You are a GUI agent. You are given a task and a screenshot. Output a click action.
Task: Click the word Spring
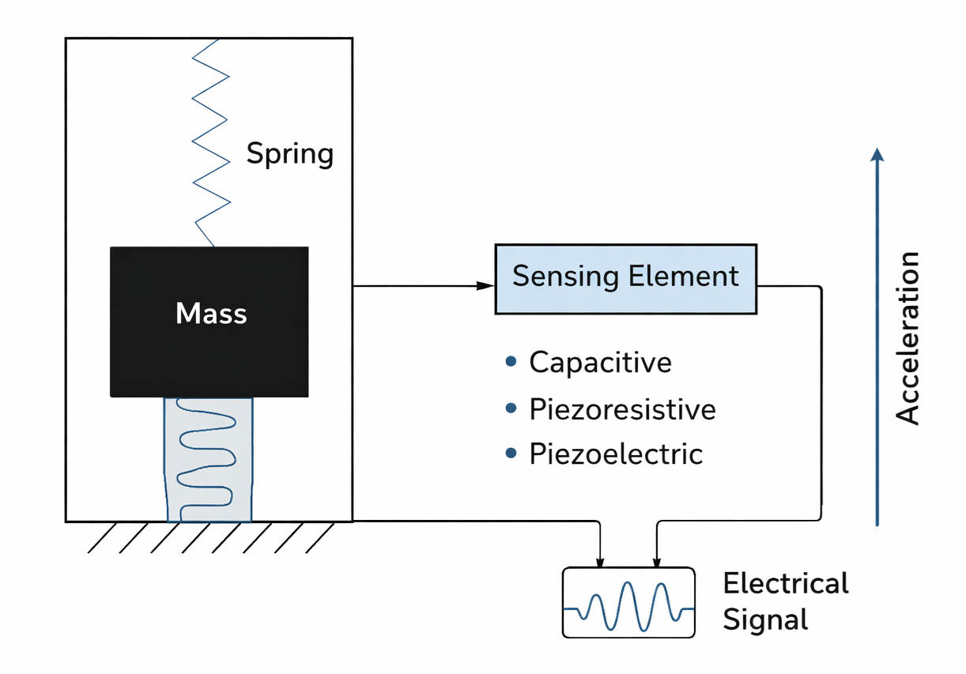[x=289, y=152]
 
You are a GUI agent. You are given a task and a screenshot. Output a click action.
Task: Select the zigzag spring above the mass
[x=211, y=142]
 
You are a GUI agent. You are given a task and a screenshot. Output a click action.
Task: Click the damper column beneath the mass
[x=208, y=459]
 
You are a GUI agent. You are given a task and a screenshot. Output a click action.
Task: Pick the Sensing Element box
[x=625, y=279]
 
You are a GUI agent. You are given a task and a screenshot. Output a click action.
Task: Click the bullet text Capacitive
[x=600, y=362]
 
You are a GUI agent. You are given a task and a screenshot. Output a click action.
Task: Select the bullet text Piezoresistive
[x=622, y=409]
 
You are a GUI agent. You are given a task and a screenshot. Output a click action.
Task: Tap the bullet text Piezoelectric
[x=615, y=454]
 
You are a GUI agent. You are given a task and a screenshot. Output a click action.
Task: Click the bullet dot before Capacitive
[x=511, y=362]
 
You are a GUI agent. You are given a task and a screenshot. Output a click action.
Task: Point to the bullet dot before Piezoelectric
[x=511, y=454]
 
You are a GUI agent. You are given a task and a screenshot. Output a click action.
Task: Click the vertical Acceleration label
[x=908, y=338]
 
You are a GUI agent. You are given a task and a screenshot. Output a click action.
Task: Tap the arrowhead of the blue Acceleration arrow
[x=877, y=153]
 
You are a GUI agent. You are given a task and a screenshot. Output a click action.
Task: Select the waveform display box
[x=628, y=602]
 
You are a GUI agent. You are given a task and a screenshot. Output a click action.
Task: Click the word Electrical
[x=785, y=584]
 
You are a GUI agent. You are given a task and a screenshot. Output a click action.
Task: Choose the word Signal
[x=765, y=619]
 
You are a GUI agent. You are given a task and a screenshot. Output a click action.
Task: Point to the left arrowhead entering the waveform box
[x=600, y=562]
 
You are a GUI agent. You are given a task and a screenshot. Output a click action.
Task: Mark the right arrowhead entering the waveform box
[x=655, y=562]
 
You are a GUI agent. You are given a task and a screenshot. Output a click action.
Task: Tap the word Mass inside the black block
[x=211, y=314]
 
